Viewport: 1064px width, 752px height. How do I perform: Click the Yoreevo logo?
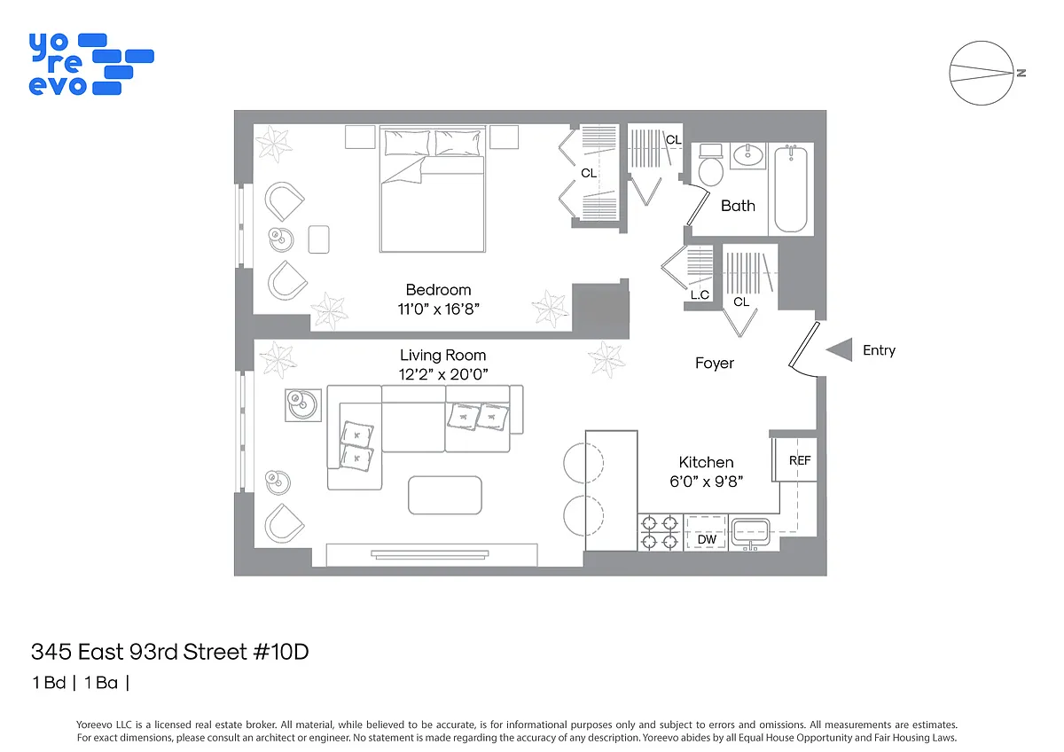point(91,64)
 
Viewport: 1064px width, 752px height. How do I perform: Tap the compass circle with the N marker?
point(982,73)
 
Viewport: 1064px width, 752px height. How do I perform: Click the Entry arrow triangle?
point(840,349)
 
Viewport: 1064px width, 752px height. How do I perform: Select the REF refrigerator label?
point(800,460)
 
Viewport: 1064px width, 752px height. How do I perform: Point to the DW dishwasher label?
point(707,539)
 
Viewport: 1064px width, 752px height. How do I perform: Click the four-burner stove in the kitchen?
point(660,533)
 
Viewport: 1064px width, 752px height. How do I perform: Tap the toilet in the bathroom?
point(710,165)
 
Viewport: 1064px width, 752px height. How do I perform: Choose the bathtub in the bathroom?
point(791,189)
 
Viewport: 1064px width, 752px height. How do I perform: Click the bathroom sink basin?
point(748,155)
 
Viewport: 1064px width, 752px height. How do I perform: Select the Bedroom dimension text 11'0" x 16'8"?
point(438,309)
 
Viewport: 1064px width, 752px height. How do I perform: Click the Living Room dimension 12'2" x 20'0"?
point(443,374)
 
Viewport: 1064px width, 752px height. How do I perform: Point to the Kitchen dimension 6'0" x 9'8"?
point(707,482)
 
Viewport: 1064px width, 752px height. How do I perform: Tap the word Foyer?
point(715,363)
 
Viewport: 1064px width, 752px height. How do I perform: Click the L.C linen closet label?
point(700,295)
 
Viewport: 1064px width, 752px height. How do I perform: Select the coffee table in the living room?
point(445,495)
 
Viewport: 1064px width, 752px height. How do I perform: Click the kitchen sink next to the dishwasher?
point(750,532)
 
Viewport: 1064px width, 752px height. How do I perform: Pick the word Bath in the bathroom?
point(738,206)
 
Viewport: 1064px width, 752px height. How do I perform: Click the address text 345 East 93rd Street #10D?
point(169,652)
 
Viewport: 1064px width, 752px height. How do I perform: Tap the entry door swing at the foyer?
point(803,349)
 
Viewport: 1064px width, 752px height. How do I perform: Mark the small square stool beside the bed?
point(318,239)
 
